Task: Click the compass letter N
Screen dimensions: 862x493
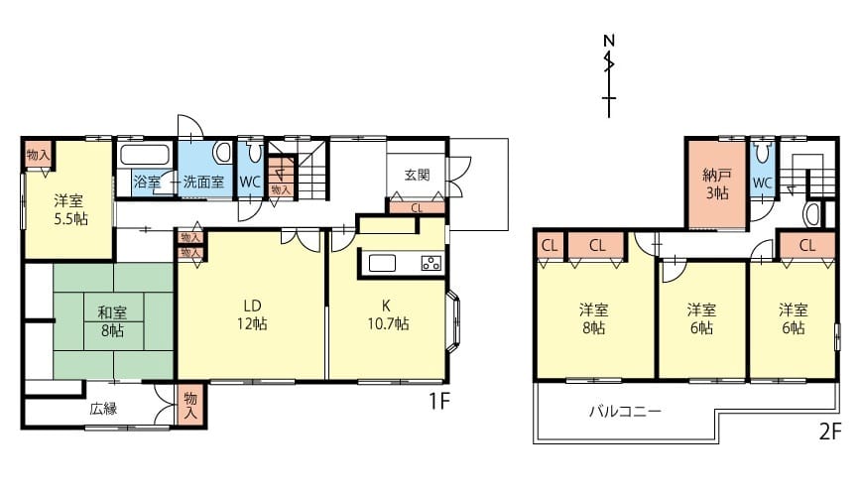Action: [609, 41]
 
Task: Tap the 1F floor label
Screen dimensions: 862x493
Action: [439, 402]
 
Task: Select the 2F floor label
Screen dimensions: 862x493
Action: [830, 431]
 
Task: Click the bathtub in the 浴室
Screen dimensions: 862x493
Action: [145, 155]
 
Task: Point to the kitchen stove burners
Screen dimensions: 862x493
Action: [431, 263]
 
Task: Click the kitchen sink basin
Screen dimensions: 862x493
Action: [382, 264]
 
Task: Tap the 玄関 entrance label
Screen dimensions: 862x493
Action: [418, 176]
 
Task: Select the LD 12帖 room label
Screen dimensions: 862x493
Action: [252, 314]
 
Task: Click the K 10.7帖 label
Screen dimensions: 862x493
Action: [388, 314]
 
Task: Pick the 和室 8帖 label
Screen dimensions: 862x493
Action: [112, 322]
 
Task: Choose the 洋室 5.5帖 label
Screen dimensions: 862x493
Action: [69, 209]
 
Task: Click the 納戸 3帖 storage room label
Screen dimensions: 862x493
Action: [717, 185]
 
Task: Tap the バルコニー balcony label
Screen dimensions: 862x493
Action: [625, 411]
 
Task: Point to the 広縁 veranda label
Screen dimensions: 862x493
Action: [104, 409]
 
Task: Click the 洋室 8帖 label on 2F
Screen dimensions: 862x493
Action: [594, 318]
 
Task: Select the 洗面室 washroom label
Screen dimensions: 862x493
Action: [203, 182]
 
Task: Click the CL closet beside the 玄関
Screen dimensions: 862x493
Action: [417, 207]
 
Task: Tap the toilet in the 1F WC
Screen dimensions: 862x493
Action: [255, 152]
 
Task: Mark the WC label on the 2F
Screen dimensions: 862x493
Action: [762, 184]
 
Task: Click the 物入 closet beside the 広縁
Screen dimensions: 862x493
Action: [190, 405]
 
